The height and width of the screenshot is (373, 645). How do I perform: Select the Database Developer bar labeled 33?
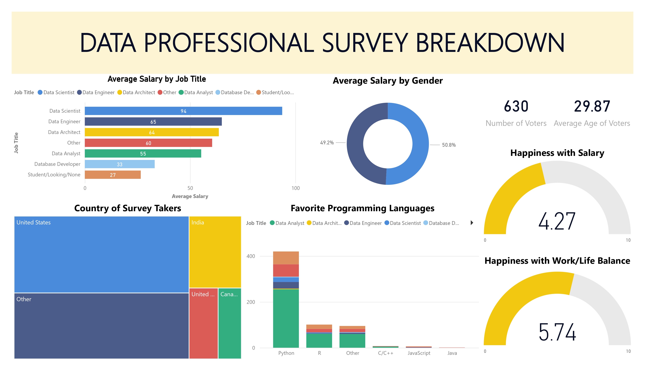(120, 164)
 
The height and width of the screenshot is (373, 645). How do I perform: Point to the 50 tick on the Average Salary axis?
(190, 188)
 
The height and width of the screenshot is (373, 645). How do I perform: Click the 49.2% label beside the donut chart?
(327, 143)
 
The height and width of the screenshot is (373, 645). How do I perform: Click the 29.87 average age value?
(592, 106)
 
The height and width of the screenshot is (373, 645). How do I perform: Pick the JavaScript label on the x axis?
(419, 353)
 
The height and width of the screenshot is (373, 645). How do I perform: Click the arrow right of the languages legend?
(472, 223)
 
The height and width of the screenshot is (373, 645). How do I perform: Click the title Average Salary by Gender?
(387, 81)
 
